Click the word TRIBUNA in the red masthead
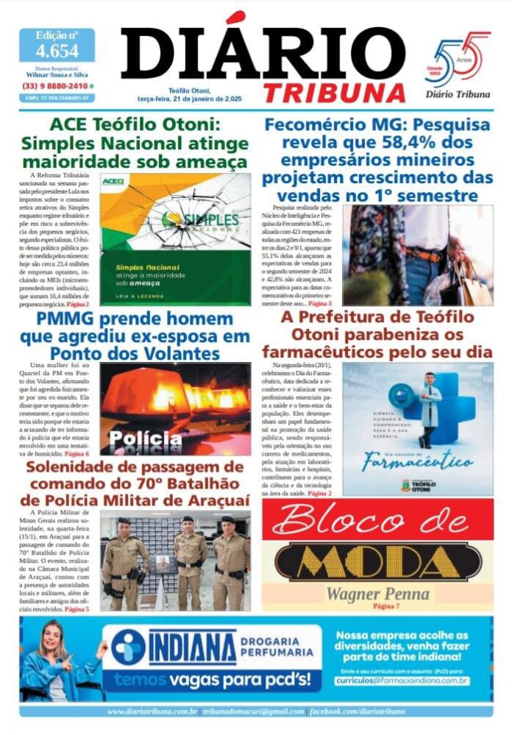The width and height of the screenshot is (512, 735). [x=334, y=93]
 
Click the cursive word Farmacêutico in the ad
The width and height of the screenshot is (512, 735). [x=417, y=463]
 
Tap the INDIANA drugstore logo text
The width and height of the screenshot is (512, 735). [x=193, y=647]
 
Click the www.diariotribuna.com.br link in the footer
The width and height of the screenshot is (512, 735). [x=152, y=711]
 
